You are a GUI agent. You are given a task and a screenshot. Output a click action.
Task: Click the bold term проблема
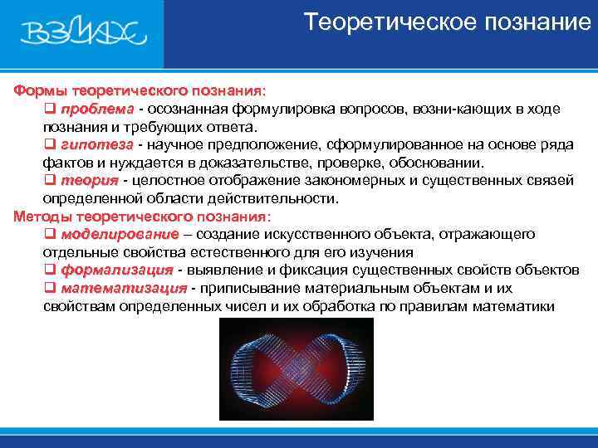point(96,109)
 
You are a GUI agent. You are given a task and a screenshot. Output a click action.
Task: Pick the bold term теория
point(89,180)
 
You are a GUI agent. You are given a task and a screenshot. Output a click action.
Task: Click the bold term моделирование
point(120,234)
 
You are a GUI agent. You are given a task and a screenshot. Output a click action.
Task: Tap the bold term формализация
point(117,270)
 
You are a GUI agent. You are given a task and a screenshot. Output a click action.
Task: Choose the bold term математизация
point(124,289)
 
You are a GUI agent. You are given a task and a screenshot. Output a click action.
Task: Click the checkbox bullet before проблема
point(49,110)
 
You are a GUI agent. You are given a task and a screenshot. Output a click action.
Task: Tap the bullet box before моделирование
point(49,235)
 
